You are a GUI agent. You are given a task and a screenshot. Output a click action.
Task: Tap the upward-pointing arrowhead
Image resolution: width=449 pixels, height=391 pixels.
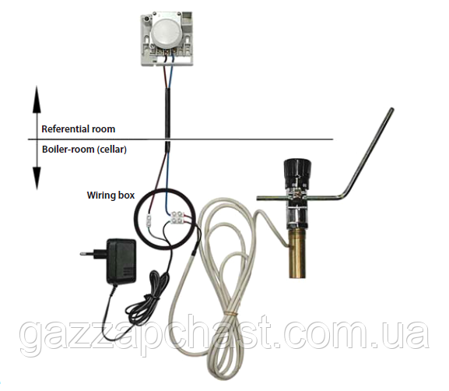[37, 99]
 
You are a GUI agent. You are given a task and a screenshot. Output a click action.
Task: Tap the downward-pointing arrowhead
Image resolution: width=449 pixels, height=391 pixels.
[37, 178]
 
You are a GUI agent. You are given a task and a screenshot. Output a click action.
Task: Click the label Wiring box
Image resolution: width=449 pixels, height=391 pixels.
[110, 195]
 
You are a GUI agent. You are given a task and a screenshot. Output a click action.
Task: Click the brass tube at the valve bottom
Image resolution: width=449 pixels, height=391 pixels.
[299, 252]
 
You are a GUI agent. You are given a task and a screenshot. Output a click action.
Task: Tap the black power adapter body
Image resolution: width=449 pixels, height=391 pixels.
[121, 261]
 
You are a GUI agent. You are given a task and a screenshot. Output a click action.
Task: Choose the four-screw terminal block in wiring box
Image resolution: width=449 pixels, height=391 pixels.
[177, 217]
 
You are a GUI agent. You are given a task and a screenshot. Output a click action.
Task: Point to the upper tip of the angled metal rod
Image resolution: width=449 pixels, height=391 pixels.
[391, 109]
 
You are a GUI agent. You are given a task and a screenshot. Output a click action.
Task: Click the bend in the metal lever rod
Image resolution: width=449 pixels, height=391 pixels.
[345, 195]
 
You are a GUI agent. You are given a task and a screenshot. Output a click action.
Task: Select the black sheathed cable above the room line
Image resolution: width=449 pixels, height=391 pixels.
[168, 114]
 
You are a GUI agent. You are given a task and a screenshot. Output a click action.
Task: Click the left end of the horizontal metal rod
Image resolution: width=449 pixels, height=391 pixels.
[258, 197]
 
